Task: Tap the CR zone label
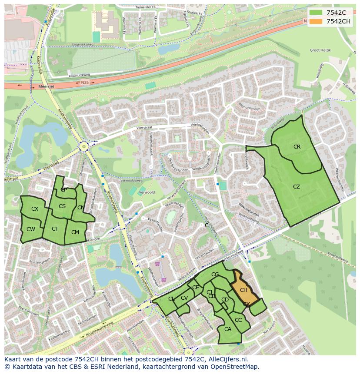click(297, 147)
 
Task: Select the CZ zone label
click(297, 187)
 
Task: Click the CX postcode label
click(35, 209)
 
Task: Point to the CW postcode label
click(30, 229)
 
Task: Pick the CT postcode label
click(55, 229)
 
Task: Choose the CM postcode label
click(75, 232)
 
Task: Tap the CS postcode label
click(62, 206)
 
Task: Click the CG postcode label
click(215, 275)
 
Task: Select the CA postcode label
click(228, 329)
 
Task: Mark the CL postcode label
click(171, 299)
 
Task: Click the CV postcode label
click(184, 298)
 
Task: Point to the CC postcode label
click(238, 320)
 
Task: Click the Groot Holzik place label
click(320, 50)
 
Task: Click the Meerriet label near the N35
click(47, 86)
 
